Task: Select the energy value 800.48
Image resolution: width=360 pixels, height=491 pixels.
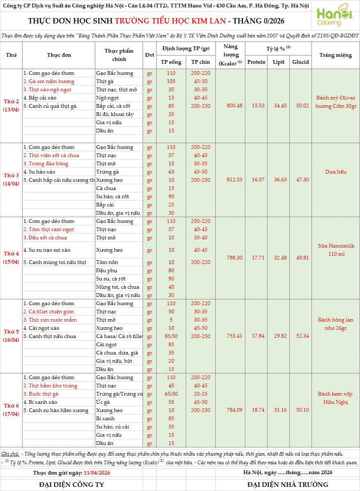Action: pyautogui.click(x=234, y=106)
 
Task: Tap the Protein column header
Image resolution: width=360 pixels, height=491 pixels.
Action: pyautogui.click(x=256, y=62)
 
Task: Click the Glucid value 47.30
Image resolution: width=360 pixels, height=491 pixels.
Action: pyautogui.click(x=300, y=180)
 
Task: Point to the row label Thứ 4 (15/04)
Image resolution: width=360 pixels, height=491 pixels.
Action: pyautogui.click(x=11, y=258)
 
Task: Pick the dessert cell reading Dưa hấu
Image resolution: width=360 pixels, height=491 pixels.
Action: pyautogui.click(x=335, y=172)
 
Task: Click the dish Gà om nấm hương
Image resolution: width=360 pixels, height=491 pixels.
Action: pyautogui.click(x=49, y=81)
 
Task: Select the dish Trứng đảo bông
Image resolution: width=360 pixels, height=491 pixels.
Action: pyautogui.click(x=46, y=164)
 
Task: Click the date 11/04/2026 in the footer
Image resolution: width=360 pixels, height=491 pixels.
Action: pyautogui.click(x=97, y=473)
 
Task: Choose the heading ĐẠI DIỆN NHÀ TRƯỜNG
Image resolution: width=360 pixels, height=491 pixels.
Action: pyautogui.click(x=288, y=484)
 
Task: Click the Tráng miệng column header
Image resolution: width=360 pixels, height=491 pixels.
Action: pyautogui.click(x=335, y=55)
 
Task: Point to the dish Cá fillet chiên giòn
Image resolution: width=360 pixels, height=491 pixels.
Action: pyautogui.click(x=48, y=312)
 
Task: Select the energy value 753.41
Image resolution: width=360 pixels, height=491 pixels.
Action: pyautogui.click(x=234, y=336)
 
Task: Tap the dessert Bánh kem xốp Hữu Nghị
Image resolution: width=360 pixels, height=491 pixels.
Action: pyautogui.click(x=335, y=398)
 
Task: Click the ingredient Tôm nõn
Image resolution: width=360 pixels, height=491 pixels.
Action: pyautogui.click(x=107, y=262)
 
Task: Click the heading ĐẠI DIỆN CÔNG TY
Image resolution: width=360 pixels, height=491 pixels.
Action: pyautogui.click(x=72, y=484)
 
